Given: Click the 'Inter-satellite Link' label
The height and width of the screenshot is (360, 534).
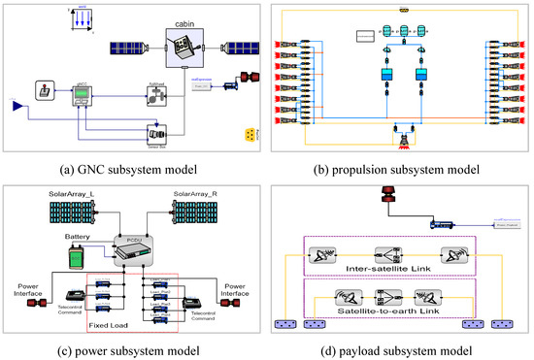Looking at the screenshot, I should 400,267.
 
